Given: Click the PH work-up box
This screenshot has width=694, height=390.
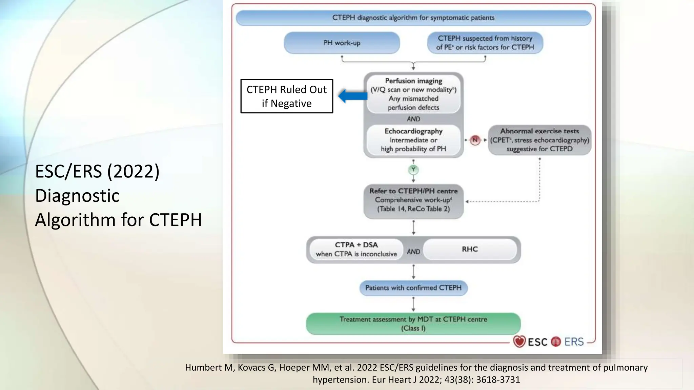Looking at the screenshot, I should pyautogui.click(x=342, y=43).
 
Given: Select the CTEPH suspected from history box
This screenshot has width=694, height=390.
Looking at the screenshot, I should pyautogui.click(x=485, y=43).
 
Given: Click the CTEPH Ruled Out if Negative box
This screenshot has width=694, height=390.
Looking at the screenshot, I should pyautogui.click(x=287, y=96).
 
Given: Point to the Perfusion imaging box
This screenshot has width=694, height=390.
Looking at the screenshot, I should pyautogui.click(x=413, y=94).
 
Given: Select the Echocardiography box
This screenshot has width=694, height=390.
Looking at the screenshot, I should pyautogui.click(x=413, y=140).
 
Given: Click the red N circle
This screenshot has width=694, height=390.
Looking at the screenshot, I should pyautogui.click(x=475, y=140).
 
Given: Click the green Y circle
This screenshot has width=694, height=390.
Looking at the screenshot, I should pyautogui.click(x=413, y=170).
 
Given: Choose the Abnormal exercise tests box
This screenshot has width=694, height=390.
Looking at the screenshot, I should pyautogui.click(x=539, y=140).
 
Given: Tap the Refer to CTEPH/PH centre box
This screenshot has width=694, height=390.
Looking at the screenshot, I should pyautogui.click(x=413, y=200).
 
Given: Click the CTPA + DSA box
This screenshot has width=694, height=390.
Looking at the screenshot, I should pyautogui.click(x=356, y=250).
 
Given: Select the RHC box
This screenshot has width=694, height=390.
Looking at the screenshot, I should pyautogui.click(x=470, y=250).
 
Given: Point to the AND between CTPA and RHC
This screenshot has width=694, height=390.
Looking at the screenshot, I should pyautogui.click(x=413, y=252).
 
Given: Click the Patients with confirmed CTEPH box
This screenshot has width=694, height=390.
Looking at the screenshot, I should pyautogui.click(x=413, y=288).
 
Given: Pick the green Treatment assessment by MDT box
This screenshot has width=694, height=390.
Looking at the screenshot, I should pyautogui.click(x=413, y=324).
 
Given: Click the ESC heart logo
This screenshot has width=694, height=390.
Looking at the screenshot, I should pyautogui.click(x=519, y=342).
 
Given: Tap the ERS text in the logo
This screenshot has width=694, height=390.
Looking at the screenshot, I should pyautogui.click(x=574, y=342).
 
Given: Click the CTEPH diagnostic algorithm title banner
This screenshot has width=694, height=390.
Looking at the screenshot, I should pyautogui.click(x=413, y=18).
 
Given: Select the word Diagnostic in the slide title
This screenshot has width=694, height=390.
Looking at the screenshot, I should pyautogui.click(x=77, y=196).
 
